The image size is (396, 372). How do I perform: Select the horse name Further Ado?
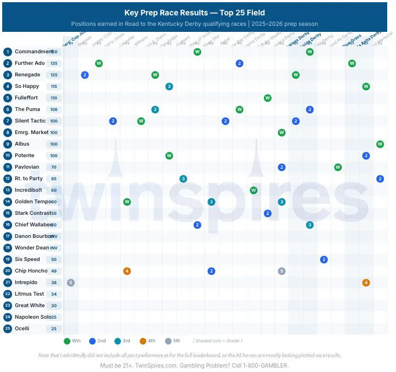(x=30, y=63)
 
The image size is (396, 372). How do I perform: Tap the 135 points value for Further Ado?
(x=54, y=63)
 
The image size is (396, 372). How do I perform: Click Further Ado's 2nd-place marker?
(x=239, y=63)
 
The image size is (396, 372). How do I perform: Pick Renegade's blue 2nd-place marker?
(x=85, y=75)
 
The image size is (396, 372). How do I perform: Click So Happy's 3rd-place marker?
(x=169, y=86)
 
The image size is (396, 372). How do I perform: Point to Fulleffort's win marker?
(x=267, y=98)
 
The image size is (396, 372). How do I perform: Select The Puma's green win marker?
(x=239, y=109)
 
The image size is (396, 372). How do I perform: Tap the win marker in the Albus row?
(x=380, y=144)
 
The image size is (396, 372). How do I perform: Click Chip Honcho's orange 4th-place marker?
(x=127, y=271)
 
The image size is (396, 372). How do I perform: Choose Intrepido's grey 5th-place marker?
(x=70, y=282)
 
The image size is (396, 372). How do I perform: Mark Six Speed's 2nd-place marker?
(x=324, y=259)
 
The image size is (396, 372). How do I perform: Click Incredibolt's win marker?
(x=254, y=190)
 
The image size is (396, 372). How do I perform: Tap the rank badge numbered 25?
(x=8, y=329)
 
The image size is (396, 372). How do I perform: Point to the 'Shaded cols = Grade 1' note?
(x=218, y=341)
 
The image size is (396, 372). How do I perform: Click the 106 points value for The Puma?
(x=54, y=109)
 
